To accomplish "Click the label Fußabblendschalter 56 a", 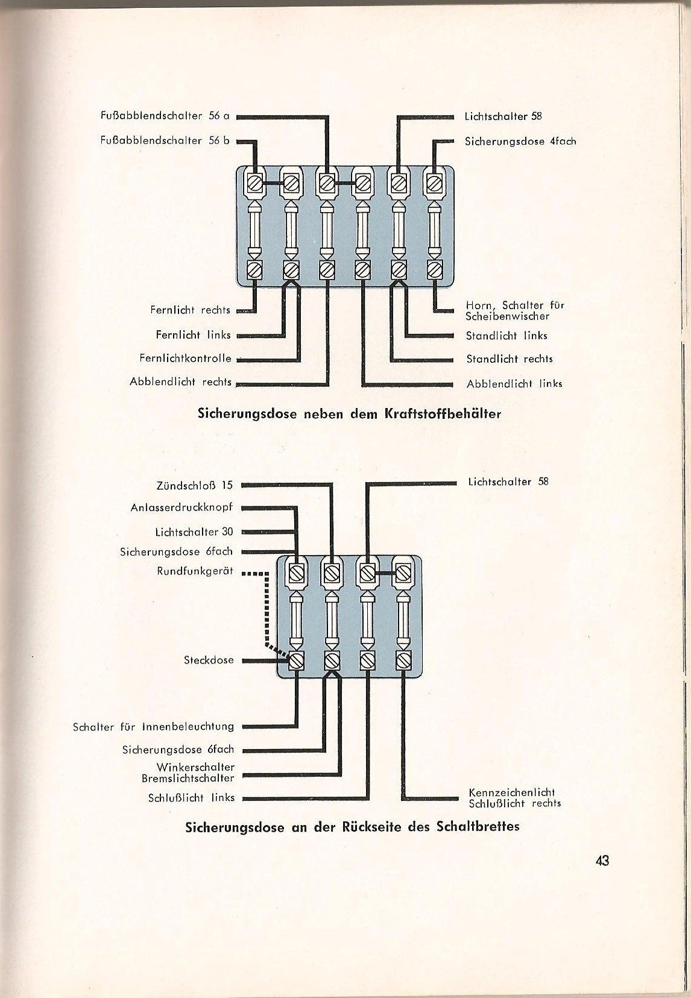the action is (165, 116).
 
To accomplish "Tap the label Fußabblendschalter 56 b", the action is (165, 140).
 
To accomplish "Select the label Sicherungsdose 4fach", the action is (520, 141).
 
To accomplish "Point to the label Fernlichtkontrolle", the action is (186, 358).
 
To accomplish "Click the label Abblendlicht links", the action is (514, 384).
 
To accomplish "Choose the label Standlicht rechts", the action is (510, 359).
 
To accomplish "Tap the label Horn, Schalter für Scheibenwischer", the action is (515, 311).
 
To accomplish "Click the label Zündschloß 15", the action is (195, 485).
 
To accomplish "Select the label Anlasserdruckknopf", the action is (182, 507).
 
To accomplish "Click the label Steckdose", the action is (209, 660).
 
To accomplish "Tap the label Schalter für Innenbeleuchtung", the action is (153, 727).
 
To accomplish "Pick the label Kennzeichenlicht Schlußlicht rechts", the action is (515, 798).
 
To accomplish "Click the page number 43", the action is (602, 861).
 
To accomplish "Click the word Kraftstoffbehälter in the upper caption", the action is (443, 414).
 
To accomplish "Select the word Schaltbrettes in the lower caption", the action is (478, 826).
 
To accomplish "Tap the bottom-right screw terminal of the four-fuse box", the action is (403, 660).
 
